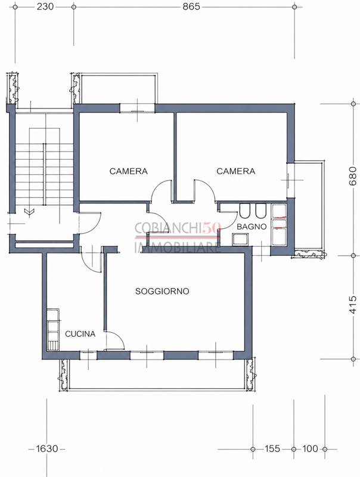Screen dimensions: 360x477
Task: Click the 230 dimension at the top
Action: [x=45, y=7]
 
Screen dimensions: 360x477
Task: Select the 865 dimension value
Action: [x=191, y=7]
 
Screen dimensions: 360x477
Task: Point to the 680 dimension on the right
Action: [x=353, y=176]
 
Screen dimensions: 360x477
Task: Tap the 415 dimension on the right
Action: [x=353, y=305]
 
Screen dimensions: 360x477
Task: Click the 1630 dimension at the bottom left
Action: [x=47, y=449]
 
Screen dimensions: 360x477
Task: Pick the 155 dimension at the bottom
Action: [x=272, y=449]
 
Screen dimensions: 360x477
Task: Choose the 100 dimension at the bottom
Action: [x=310, y=449]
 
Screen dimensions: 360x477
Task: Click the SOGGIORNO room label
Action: [x=162, y=292]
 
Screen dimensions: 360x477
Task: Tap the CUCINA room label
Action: [x=80, y=334]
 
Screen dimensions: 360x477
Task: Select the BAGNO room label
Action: [x=252, y=227]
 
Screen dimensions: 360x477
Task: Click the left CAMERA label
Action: [x=129, y=171]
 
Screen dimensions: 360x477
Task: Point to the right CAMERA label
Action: [x=235, y=171]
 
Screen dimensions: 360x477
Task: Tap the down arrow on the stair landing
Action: [x=29, y=210]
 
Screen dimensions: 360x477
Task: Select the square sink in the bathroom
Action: [x=240, y=240]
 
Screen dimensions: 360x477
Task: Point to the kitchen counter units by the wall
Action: [x=53, y=330]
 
